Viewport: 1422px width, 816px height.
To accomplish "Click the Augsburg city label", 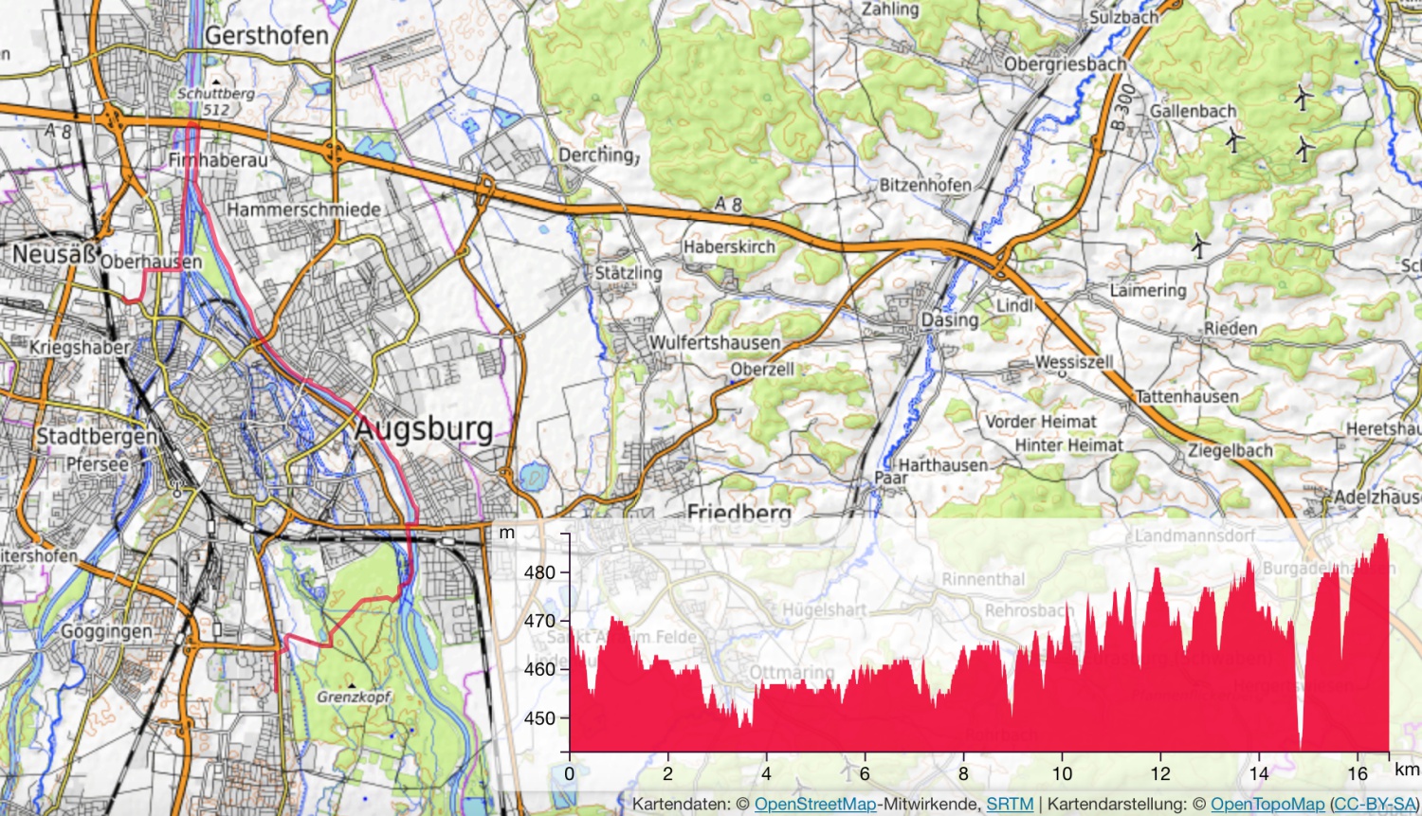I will click(x=424, y=429).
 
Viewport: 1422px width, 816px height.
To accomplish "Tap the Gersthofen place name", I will click(x=266, y=36).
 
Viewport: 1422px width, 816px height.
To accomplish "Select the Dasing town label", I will click(x=949, y=320).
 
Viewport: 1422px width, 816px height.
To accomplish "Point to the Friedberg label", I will click(x=738, y=514).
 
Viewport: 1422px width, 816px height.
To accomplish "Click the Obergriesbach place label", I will click(x=1065, y=64).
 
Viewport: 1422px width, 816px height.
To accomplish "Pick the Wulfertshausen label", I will click(x=714, y=342).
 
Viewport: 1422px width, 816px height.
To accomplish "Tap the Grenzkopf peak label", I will click(x=353, y=697).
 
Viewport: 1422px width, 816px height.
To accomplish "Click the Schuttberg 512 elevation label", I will click(x=216, y=101).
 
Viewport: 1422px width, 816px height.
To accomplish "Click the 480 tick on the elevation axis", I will click(x=539, y=572).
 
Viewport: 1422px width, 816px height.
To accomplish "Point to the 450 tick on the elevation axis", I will click(x=539, y=718).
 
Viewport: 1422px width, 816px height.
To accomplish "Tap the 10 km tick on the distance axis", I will click(x=1062, y=773).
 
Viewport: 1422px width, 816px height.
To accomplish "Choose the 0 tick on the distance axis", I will click(x=569, y=773).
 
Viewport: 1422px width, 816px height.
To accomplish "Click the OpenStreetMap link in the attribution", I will click(x=814, y=804).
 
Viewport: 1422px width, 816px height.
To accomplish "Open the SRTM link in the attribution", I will click(x=1010, y=804).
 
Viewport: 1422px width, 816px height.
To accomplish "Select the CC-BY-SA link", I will click(x=1374, y=804).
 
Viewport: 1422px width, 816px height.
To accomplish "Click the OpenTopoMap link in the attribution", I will click(x=1267, y=804).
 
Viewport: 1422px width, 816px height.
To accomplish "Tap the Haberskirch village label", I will click(x=729, y=246).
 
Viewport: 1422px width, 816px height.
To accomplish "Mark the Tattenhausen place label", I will click(x=1186, y=396).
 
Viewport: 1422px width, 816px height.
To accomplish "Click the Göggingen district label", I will click(x=106, y=631).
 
